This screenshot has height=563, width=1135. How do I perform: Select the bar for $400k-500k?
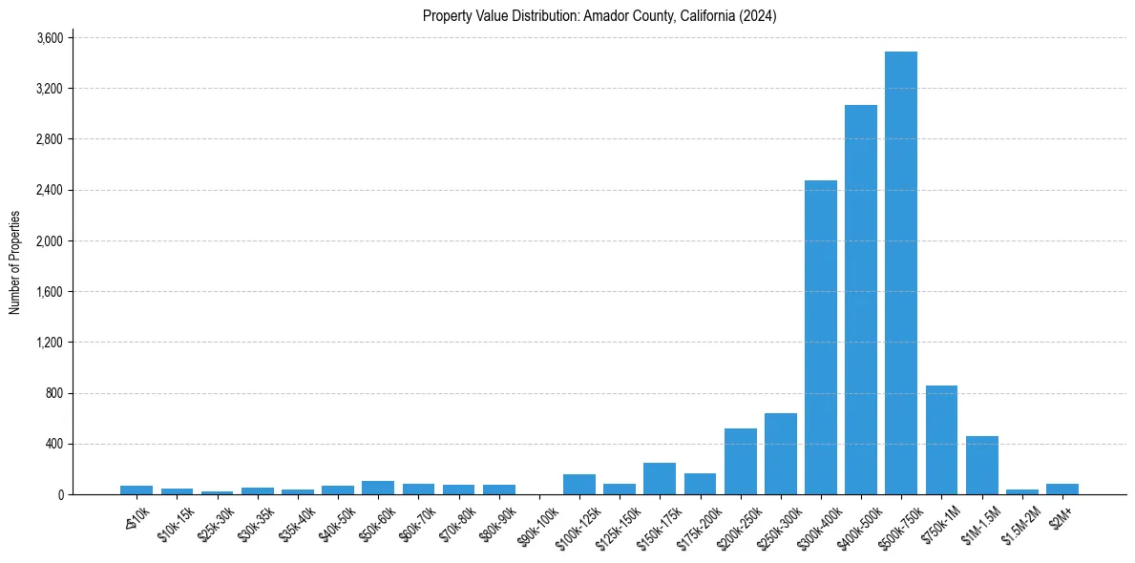(861, 300)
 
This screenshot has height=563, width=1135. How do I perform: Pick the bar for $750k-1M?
(941, 440)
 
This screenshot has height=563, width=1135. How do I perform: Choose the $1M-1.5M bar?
(982, 466)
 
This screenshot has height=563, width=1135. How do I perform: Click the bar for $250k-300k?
(781, 454)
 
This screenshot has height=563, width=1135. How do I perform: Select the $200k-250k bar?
(741, 462)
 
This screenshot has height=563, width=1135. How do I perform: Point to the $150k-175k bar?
(660, 478)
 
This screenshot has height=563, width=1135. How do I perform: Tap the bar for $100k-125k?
(579, 484)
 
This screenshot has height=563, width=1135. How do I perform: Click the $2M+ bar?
(1062, 489)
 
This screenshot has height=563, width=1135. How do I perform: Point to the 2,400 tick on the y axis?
(50, 190)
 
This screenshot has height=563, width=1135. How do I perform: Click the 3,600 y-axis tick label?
(50, 38)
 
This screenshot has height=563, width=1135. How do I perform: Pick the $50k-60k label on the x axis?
(379, 524)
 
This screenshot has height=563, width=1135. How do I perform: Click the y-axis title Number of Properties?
(15, 262)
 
